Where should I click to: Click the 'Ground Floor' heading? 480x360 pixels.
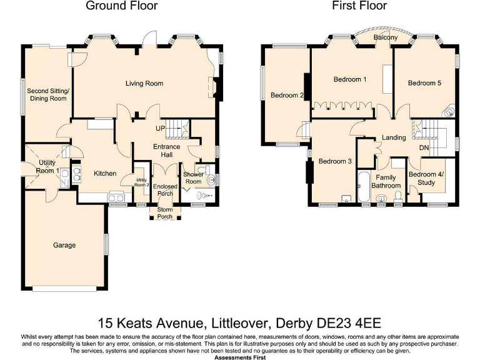point(121,6)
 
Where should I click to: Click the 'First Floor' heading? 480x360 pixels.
point(361,6)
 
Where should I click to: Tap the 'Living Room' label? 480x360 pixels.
point(144,83)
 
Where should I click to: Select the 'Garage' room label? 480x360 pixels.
point(64,245)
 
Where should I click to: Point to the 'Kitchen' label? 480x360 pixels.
point(105,173)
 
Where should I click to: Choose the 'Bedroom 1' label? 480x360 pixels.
point(350,79)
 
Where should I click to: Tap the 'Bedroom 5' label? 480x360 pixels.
point(424,83)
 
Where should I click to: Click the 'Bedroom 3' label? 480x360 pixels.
point(335,161)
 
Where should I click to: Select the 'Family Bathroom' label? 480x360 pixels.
point(386,182)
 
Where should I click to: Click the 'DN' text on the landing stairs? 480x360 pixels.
point(424,148)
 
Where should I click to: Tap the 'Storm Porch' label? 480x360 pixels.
point(165,213)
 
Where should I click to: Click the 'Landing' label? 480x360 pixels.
point(393,137)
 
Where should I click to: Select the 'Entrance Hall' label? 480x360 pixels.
point(167,151)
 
